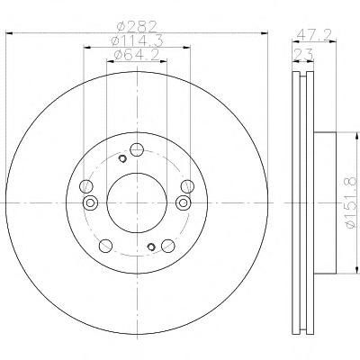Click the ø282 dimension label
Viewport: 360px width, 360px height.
click(137, 27)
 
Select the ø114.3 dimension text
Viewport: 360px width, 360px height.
click(137, 40)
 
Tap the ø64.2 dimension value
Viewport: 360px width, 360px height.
click(137, 55)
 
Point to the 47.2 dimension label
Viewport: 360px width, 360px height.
click(314, 35)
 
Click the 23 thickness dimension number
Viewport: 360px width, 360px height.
click(303, 55)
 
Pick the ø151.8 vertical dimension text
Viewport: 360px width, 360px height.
click(351, 202)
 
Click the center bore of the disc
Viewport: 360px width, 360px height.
click(137, 202)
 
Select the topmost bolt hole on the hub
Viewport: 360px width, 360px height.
click(137, 149)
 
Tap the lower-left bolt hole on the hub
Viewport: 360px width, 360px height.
click(105, 246)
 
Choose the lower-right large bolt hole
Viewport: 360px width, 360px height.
click(168, 246)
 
